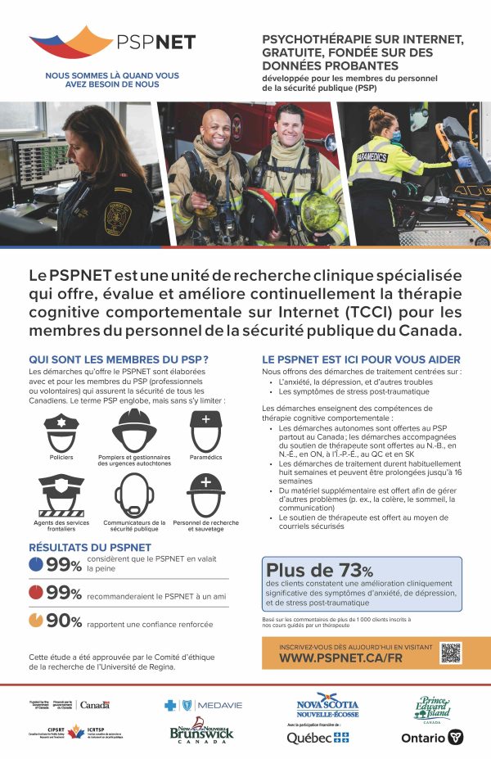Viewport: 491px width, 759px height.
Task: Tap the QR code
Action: click(451, 652)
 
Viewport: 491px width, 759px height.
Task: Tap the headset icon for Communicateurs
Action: click(134, 495)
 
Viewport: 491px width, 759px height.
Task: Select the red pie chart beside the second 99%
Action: click(36, 592)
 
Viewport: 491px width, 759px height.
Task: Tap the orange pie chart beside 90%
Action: click(36, 620)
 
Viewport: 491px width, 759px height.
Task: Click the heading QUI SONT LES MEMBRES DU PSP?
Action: click(118, 359)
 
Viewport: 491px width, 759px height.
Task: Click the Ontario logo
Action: click(433, 737)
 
